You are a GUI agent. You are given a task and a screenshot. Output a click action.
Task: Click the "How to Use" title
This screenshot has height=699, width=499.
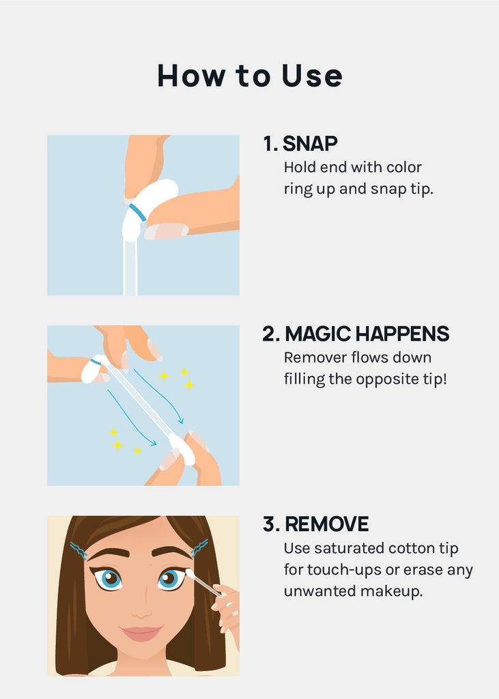tap(250, 75)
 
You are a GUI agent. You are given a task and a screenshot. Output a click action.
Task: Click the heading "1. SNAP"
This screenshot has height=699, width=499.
tap(300, 143)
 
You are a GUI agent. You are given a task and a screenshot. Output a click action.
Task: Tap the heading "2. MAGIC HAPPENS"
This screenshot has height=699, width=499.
tap(356, 334)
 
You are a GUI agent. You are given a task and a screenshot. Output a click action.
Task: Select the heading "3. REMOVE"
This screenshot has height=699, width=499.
tap(316, 524)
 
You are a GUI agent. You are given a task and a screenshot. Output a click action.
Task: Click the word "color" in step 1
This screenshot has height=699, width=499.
tap(404, 167)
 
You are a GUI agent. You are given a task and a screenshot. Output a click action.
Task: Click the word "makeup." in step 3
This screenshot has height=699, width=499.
tap(392, 592)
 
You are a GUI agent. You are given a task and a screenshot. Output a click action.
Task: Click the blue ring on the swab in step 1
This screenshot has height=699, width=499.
tap(138, 212)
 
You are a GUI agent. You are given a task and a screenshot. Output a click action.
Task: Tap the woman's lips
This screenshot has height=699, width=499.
tap(141, 633)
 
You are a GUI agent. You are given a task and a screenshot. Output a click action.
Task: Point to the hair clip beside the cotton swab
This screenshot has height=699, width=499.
tap(199, 548)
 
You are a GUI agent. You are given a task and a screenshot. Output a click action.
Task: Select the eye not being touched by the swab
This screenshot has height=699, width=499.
tap(109, 579)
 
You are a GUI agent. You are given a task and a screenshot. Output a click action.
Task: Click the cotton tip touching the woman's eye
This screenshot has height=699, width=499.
tap(190, 573)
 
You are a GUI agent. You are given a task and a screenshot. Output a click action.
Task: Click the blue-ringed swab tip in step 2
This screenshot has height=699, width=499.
tap(94, 369)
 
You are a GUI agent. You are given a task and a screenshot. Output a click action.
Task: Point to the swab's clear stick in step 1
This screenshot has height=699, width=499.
tap(130, 268)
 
